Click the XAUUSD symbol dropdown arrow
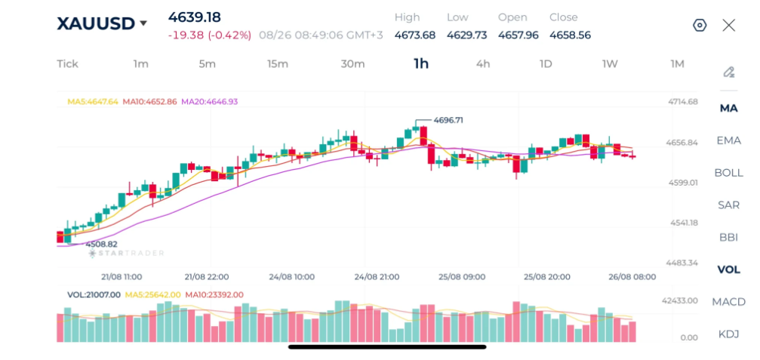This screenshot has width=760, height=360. point(143,23)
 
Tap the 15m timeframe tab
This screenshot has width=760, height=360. point(278,64)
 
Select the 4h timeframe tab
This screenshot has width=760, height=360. point(483,64)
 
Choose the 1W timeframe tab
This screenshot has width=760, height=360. point(610,64)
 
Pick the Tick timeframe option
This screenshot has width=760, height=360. point(67,64)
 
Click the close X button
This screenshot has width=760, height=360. point(728,25)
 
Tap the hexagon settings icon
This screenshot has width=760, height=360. point(700,25)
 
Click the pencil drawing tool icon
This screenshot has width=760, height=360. point(728,72)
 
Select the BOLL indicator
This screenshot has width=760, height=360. point(728,173)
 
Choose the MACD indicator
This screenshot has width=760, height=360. point(728,302)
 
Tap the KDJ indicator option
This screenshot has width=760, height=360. point(728,334)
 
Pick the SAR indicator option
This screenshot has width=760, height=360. point(728,205)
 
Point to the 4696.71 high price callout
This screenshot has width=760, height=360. point(448,120)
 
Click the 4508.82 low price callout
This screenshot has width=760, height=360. point(101,245)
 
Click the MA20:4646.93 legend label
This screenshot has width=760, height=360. point(209,102)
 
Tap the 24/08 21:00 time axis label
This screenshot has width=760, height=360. point(377,277)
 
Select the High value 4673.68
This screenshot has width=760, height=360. point(415,35)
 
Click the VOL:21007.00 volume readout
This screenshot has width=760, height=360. point(94,294)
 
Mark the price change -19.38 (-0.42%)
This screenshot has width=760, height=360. point(209,35)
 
